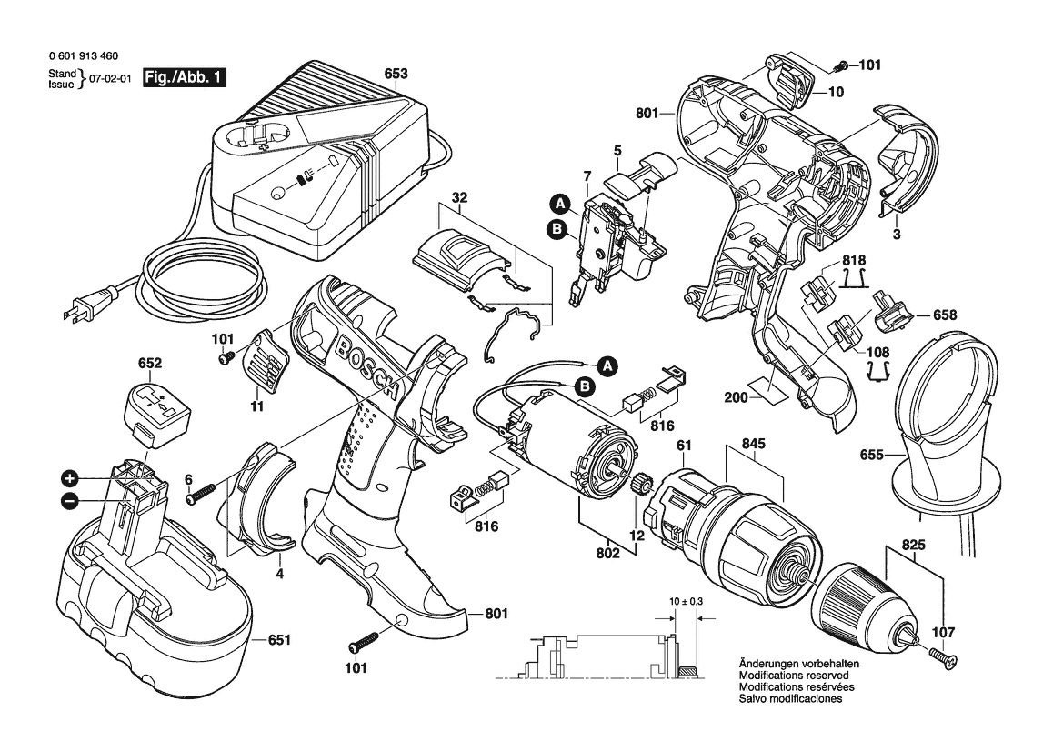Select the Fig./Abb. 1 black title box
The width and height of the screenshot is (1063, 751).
click(x=184, y=77)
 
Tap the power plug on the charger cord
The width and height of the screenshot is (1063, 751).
click(x=87, y=302)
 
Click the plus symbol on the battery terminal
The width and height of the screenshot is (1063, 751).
click(x=69, y=479)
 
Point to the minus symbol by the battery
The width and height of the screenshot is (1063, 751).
click(x=69, y=502)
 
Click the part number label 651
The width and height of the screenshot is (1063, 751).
click(x=278, y=640)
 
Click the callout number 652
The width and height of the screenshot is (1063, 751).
click(x=150, y=364)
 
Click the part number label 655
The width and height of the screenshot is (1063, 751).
click(x=871, y=455)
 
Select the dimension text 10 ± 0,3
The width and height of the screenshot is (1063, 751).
click(x=686, y=601)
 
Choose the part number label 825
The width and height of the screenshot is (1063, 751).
click(x=913, y=546)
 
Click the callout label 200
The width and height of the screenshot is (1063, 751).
click(x=737, y=398)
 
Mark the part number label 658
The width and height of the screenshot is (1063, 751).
click(x=945, y=315)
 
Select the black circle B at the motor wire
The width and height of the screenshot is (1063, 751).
click(x=585, y=386)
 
